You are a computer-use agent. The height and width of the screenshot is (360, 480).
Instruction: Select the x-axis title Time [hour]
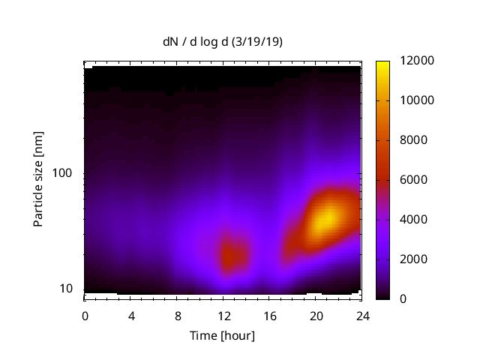[x=221, y=335]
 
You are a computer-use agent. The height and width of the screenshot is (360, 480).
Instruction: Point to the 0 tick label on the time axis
[x=85, y=315]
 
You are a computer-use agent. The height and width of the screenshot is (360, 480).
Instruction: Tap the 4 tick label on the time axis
[x=131, y=315]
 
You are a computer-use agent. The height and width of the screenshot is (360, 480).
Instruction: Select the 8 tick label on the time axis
[x=178, y=315]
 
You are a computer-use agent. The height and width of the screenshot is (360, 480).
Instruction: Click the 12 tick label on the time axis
[x=223, y=315]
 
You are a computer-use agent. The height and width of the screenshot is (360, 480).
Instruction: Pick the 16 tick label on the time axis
[x=270, y=315]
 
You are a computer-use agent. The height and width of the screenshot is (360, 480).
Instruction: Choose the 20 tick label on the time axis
[x=316, y=315]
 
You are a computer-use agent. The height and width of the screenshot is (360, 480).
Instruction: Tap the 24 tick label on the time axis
[x=362, y=315]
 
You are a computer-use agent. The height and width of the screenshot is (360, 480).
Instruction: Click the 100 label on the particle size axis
[x=63, y=173]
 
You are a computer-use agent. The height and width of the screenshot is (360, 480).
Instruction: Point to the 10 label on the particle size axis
[x=66, y=289]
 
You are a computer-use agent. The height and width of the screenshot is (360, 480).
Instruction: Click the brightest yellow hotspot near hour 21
[x=325, y=220]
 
